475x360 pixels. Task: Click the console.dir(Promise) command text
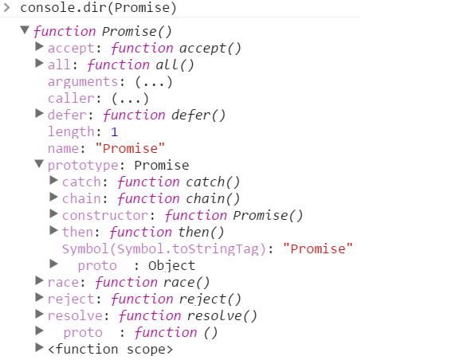98,8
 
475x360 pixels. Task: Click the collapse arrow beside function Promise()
25,29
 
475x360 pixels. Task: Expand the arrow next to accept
39,47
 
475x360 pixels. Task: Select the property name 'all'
59,65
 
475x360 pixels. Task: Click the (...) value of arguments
154,82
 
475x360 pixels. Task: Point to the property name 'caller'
71,99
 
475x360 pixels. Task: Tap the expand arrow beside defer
39,114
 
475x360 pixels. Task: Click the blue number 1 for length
114,131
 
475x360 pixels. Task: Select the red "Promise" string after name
130,148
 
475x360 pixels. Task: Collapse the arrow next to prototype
39,164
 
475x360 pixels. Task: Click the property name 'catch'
81,182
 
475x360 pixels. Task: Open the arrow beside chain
53,197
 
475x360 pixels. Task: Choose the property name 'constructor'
105,215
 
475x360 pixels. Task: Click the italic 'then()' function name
201,232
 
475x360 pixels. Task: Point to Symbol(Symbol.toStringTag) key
164,248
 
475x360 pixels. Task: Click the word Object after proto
172,265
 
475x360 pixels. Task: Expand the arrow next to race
39,280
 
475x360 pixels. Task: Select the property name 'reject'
71,299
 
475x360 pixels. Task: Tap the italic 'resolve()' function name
222,315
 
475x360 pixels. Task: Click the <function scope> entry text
110,349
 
